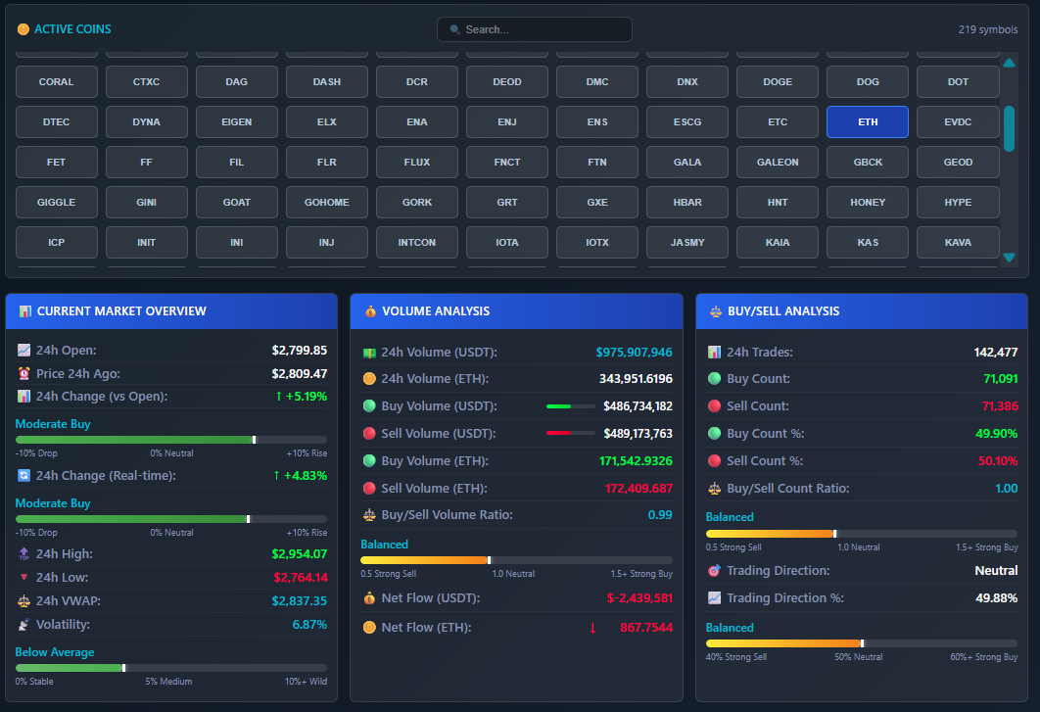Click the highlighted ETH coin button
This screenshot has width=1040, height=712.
[x=867, y=122]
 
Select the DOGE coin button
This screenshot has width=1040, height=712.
[x=778, y=82]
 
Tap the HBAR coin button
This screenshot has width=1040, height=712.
[x=687, y=203]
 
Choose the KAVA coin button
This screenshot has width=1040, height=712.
[x=958, y=243]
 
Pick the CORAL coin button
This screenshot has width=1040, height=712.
[x=56, y=82]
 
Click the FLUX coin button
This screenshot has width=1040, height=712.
[x=417, y=163]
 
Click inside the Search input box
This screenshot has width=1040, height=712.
[x=534, y=29]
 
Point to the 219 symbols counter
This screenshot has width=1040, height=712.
[x=987, y=29]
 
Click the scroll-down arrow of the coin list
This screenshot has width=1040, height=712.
[x=1009, y=258]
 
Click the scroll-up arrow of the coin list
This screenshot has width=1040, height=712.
[x=1009, y=64]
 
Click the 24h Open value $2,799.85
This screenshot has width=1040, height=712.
[x=299, y=350]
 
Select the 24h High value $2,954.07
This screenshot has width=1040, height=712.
[x=299, y=554]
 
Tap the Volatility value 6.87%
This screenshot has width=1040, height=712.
[x=309, y=625]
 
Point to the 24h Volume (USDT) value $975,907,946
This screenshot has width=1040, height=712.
[x=634, y=353]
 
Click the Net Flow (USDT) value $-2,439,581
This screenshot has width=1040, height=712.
[x=638, y=598]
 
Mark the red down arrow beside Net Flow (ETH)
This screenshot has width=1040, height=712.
[x=592, y=628]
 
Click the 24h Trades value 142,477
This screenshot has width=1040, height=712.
[x=995, y=353]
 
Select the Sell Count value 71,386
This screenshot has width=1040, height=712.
[x=1000, y=406]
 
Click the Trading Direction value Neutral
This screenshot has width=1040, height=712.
[x=996, y=571]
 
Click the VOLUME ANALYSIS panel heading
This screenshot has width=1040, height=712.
[x=436, y=311]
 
